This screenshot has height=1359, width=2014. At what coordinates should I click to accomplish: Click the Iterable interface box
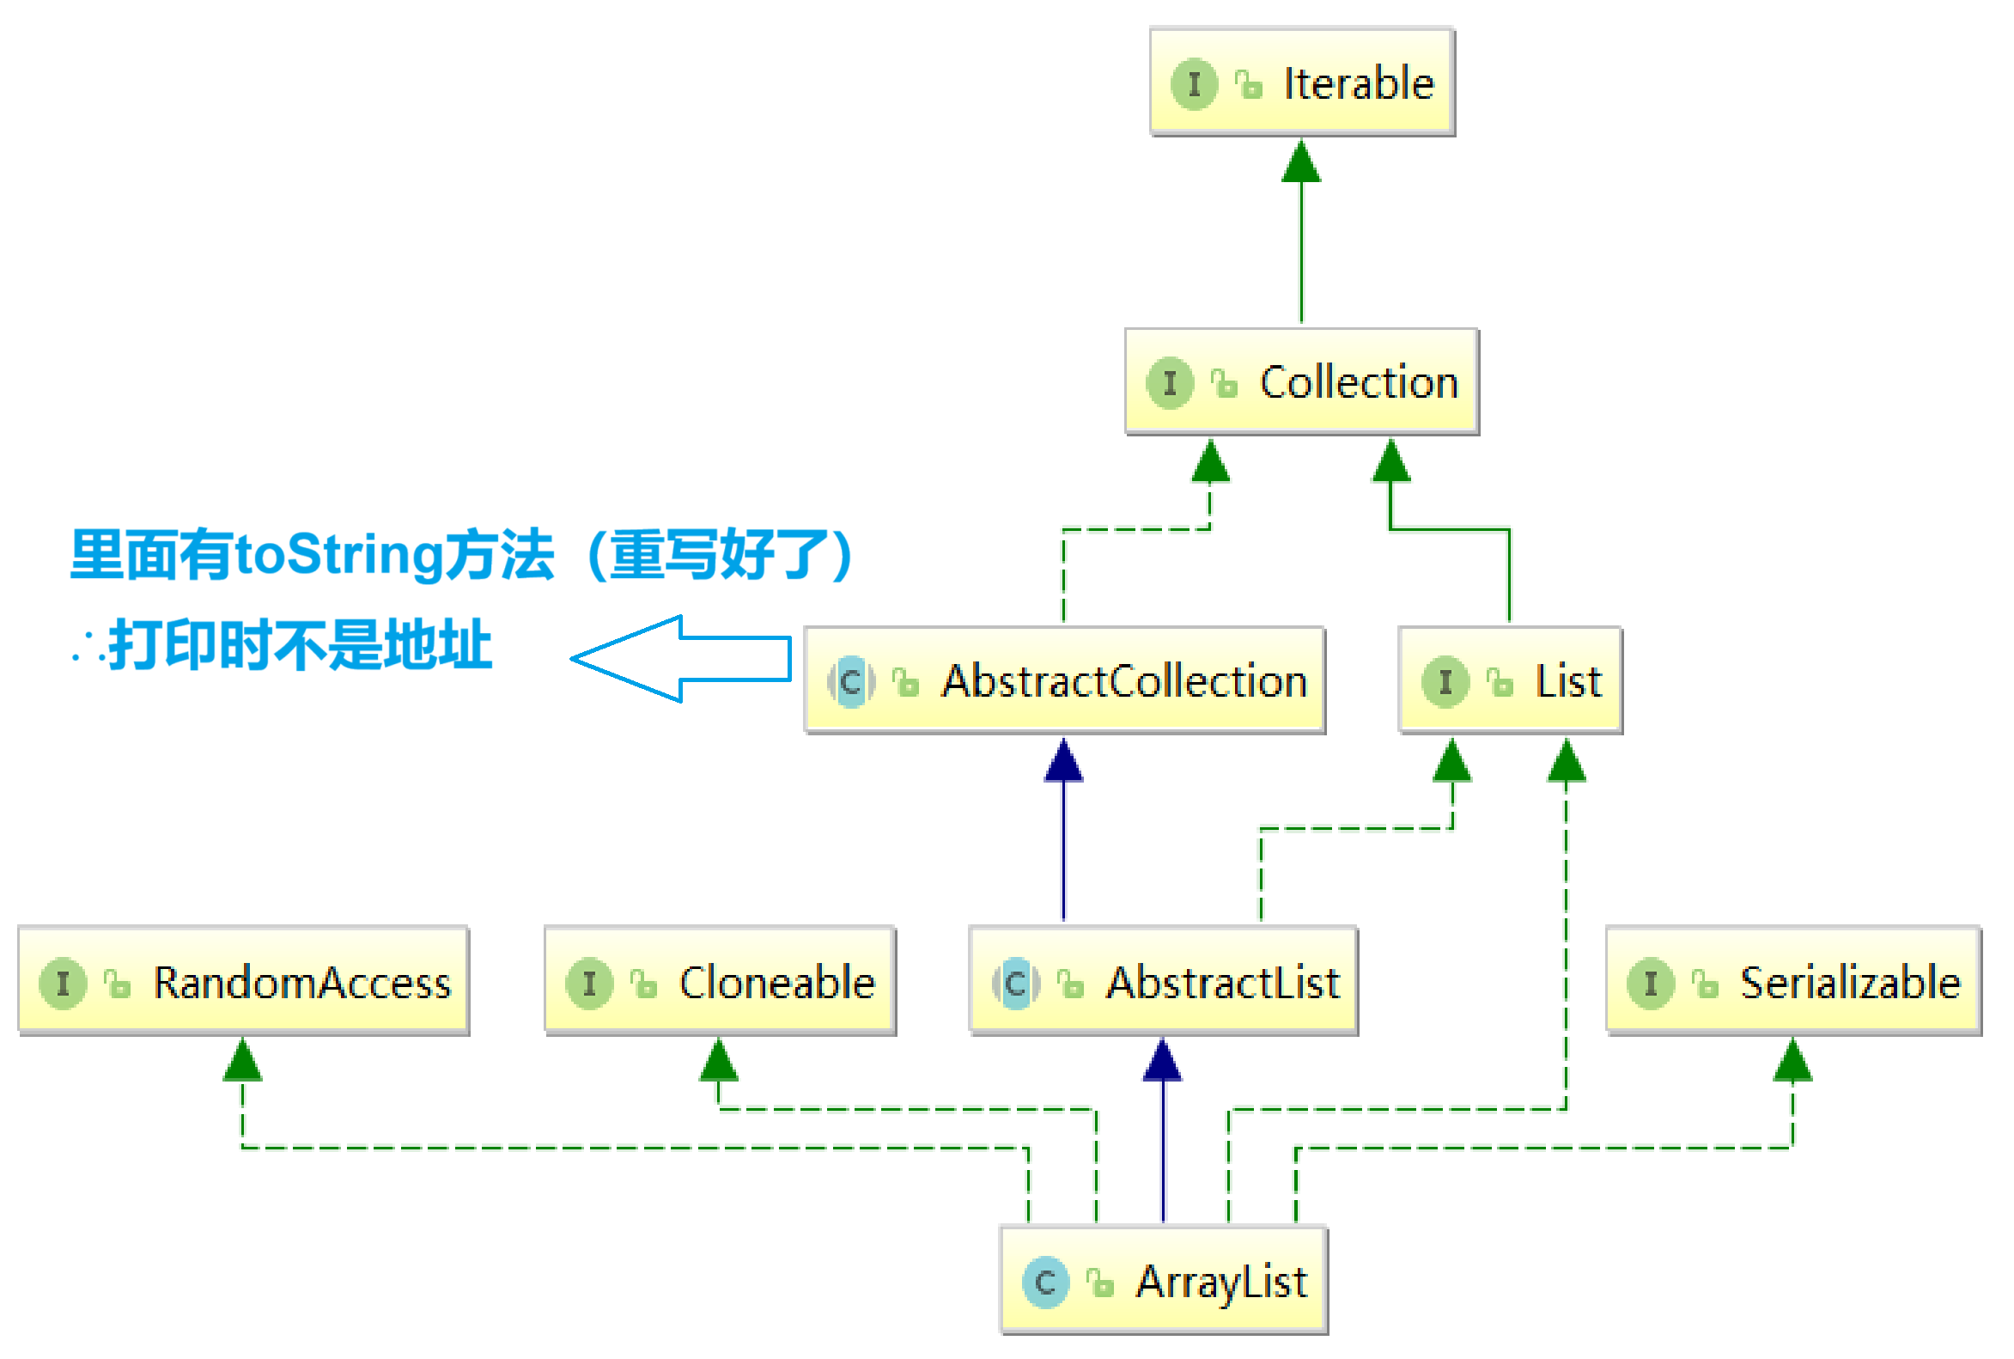(1302, 82)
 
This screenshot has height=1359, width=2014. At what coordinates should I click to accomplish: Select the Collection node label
(1359, 382)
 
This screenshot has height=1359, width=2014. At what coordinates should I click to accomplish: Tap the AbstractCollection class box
(1064, 680)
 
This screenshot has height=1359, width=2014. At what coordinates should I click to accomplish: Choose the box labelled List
(1511, 680)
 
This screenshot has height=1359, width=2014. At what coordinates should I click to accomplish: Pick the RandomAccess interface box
(244, 980)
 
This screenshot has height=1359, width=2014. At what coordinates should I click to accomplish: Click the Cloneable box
(721, 980)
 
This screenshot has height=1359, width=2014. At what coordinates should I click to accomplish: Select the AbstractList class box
(1163, 980)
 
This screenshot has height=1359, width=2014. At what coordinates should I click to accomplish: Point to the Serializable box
(1793, 980)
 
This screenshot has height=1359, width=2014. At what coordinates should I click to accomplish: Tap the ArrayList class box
(1164, 1279)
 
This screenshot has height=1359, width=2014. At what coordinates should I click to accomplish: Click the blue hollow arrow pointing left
(681, 659)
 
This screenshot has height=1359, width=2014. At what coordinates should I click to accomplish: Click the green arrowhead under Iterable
(1301, 161)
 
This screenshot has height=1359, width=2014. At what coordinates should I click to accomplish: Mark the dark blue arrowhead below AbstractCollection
(1063, 760)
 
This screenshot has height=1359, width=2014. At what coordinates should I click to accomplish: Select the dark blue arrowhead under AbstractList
(1162, 1060)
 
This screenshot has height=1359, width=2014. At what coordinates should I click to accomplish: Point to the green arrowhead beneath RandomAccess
(242, 1060)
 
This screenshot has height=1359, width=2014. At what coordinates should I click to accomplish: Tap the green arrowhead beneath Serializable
(1792, 1060)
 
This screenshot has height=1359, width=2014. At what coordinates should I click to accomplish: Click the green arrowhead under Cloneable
(718, 1060)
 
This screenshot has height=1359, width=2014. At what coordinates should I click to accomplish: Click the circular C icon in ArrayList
(1045, 1282)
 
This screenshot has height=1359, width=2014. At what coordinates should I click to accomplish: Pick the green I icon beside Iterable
(1194, 84)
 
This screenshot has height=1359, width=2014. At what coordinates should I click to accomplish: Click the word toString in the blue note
(339, 554)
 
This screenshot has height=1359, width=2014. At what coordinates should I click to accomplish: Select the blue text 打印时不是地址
(301, 645)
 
